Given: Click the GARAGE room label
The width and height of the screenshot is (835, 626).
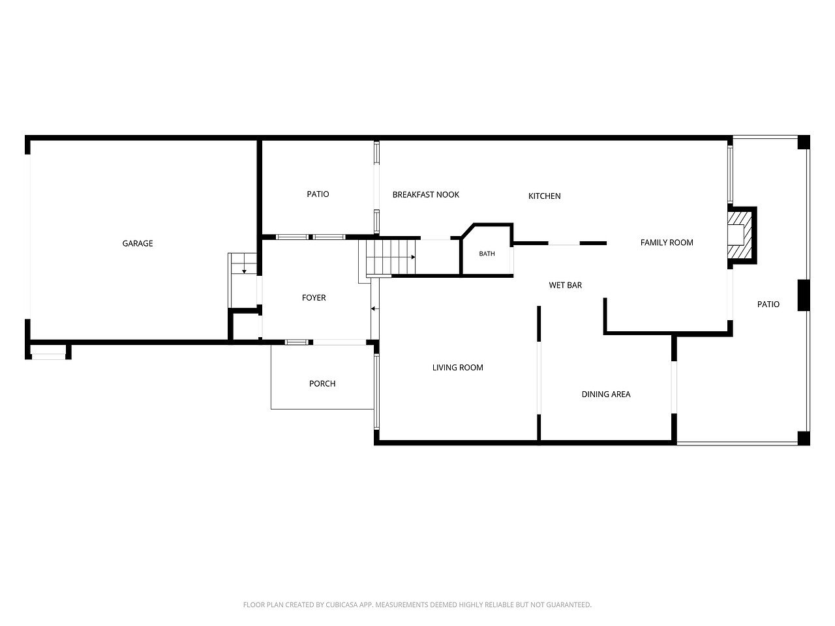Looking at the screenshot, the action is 138,243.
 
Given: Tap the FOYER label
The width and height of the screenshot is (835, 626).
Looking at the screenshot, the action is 314,297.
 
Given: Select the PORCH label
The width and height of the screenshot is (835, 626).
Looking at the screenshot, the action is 322,383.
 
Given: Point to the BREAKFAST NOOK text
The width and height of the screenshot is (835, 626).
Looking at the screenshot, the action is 426,194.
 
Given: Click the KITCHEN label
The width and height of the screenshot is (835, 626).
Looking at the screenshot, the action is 544,196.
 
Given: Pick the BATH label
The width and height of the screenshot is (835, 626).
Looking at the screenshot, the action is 487,254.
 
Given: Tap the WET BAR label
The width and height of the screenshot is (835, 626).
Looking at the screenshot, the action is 566,285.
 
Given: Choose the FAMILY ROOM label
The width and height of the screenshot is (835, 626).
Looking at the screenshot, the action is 667,243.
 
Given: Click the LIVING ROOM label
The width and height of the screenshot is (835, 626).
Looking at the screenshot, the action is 458,368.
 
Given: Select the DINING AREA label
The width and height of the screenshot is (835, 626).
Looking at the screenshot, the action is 606,394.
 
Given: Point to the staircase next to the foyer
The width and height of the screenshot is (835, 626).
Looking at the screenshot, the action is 390,257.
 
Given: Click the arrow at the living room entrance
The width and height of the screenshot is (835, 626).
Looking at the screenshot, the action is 375,308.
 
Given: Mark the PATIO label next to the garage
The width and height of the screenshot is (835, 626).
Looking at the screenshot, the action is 318,194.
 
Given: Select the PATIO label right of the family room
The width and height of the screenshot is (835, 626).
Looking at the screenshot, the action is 768,304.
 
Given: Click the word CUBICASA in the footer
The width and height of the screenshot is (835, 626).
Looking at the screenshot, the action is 339,604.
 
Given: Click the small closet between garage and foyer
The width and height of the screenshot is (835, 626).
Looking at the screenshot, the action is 246,326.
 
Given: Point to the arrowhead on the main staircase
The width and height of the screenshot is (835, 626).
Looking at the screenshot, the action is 414,258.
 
